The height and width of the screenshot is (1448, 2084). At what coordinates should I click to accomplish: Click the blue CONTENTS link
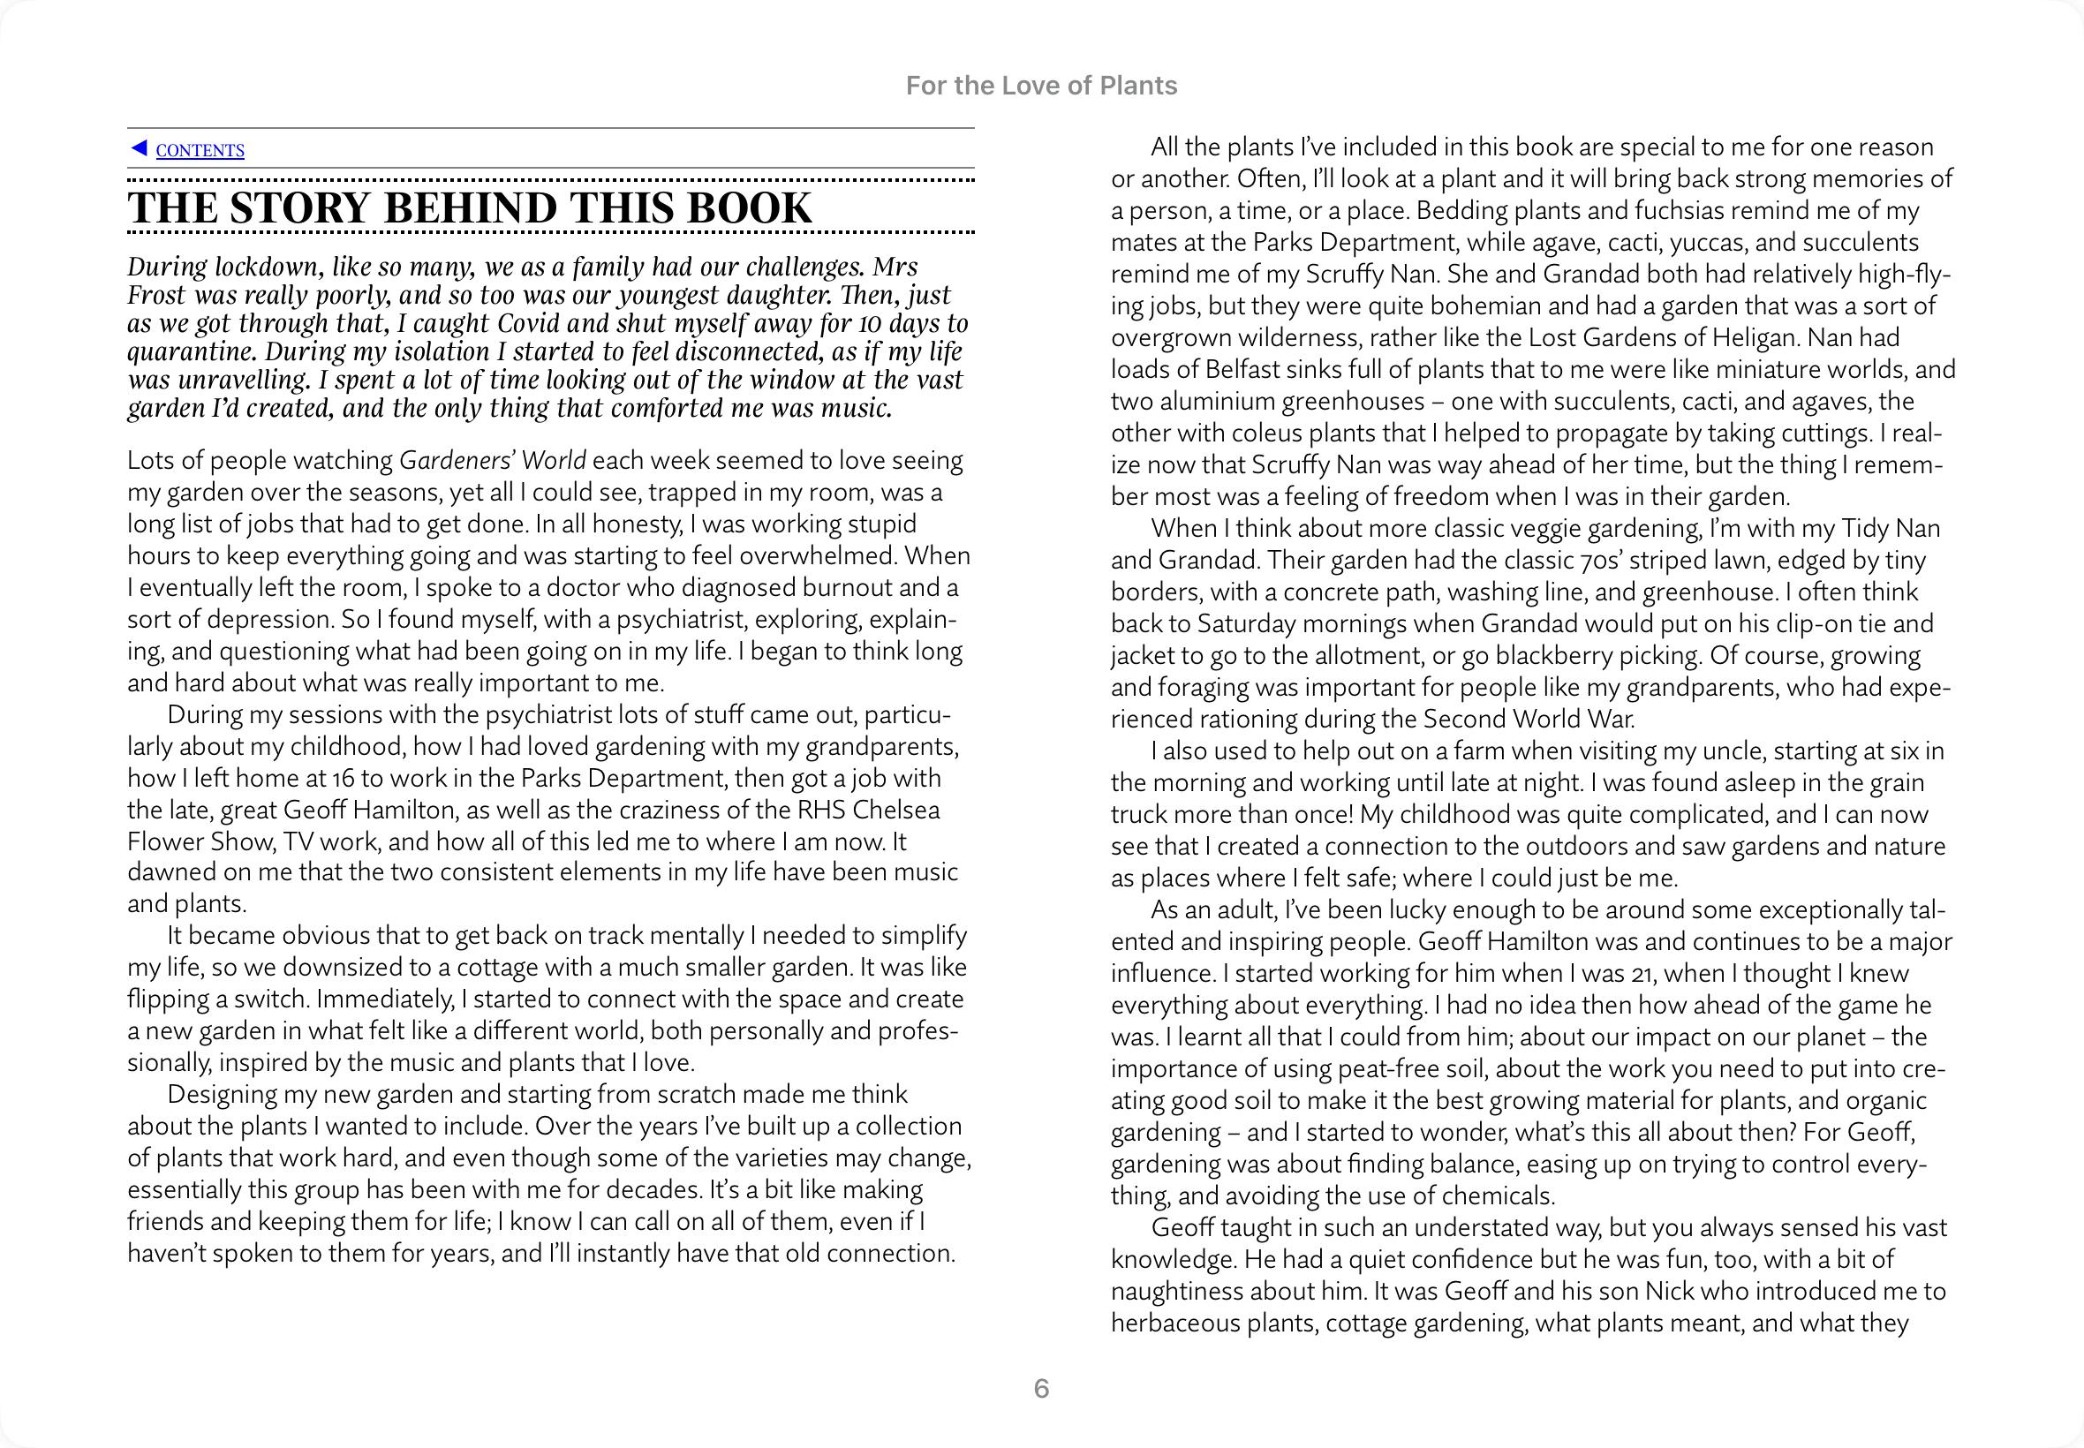coord(200,151)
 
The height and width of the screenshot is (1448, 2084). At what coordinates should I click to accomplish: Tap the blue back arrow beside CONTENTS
coord(139,147)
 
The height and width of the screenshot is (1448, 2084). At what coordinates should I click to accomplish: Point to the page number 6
coord(1041,1388)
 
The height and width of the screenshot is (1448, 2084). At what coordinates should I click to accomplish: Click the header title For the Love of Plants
coord(1041,87)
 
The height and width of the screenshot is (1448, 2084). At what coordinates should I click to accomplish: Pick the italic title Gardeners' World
coord(493,461)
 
